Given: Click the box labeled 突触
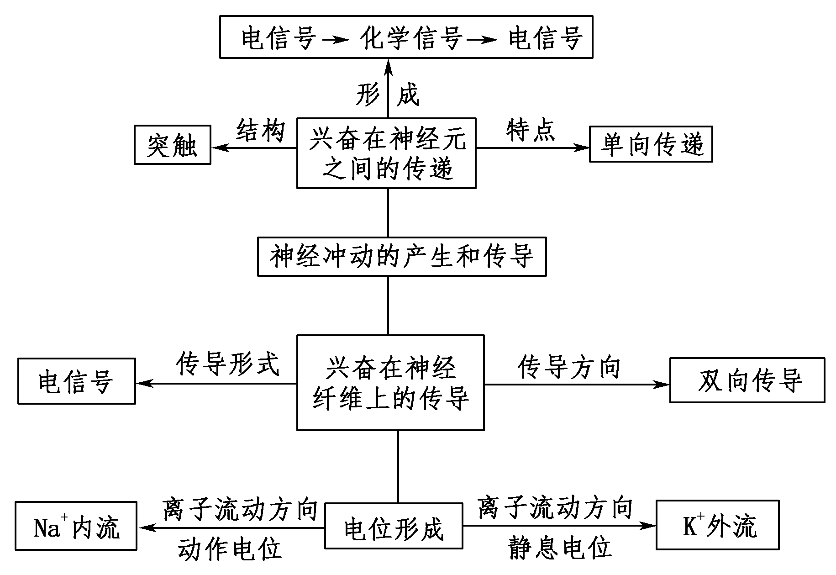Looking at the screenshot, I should click(x=172, y=145).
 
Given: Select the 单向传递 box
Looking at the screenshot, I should click(x=651, y=144).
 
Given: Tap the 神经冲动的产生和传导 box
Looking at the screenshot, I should click(x=401, y=256).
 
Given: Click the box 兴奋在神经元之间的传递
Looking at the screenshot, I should click(x=386, y=153).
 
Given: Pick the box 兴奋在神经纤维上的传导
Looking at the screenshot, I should click(x=390, y=383).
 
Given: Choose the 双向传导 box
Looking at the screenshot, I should click(x=747, y=380).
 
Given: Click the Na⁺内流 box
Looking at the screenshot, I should click(x=76, y=526).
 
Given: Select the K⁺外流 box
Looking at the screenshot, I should click(x=717, y=525).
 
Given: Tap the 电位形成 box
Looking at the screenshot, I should click(x=393, y=526).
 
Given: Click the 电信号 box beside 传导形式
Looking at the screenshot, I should click(x=76, y=381).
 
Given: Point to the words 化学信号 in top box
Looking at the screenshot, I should click(x=411, y=37).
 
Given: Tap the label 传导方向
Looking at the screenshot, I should click(x=569, y=367).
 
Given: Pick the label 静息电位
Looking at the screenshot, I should click(x=559, y=547).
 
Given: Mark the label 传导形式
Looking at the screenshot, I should click(x=227, y=364).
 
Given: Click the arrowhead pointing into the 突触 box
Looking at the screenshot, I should click(x=218, y=147).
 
